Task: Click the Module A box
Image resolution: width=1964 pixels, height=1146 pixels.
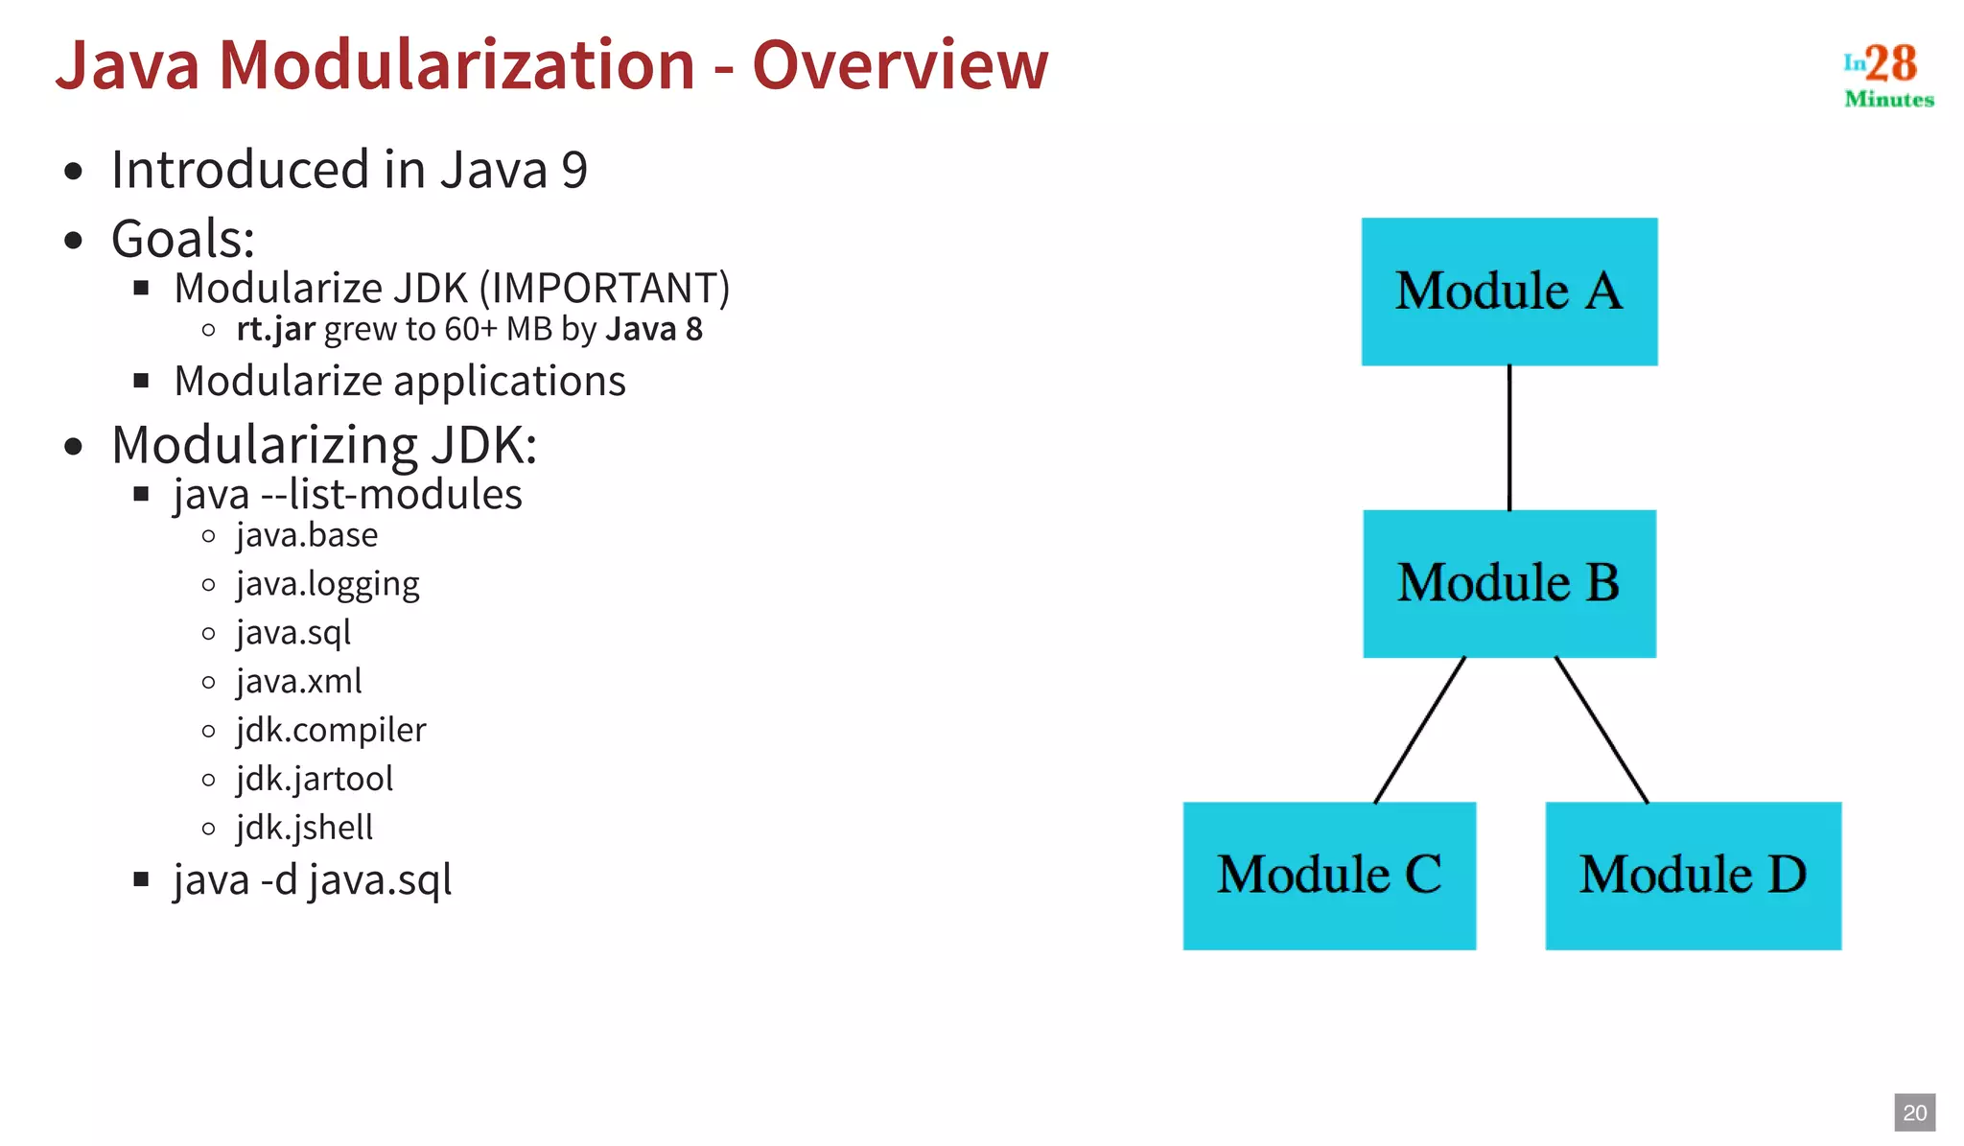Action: point(1508,292)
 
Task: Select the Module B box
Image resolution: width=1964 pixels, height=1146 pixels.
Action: point(1508,583)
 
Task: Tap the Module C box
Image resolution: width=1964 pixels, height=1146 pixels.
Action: point(1328,875)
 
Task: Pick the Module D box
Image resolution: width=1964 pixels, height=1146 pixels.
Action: point(1693,875)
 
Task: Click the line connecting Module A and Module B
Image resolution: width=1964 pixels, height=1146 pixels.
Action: point(1508,437)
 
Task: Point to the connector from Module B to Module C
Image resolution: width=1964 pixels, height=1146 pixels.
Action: point(1419,730)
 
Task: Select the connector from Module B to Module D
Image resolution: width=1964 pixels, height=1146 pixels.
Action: point(1601,730)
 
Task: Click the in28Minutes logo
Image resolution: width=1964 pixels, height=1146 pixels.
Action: point(1887,75)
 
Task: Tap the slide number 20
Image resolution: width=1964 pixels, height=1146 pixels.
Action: point(1914,1112)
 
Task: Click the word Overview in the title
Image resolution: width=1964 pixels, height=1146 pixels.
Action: point(900,65)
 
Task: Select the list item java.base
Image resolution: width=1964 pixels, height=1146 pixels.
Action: point(307,535)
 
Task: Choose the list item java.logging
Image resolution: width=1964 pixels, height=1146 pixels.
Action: point(328,584)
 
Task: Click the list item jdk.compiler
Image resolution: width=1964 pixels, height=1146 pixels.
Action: point(331,730)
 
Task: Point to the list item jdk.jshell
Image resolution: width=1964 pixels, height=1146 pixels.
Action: point(304,828)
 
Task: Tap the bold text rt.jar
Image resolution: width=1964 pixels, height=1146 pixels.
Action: point(275,329)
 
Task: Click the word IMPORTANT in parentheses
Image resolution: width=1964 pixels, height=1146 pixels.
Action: point(603,289)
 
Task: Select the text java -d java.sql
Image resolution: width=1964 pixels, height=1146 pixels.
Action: point(312,879)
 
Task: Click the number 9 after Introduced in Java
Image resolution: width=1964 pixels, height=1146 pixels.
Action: point(573,171)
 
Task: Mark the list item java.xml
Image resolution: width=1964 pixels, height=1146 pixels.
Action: point(298,682)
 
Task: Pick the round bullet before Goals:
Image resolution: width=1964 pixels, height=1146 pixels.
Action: point(74,241)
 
